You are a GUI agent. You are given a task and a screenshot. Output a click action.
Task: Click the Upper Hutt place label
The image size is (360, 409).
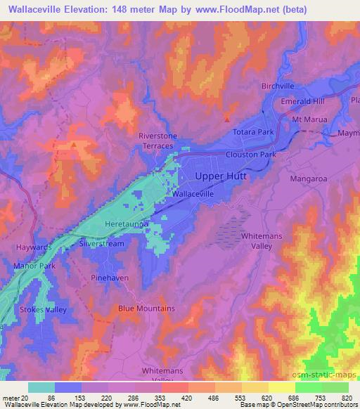click(221, 176)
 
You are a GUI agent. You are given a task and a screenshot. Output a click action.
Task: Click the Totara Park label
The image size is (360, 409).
click(253, 131)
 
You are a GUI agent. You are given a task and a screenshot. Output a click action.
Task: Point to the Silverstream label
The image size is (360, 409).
click(102, 242)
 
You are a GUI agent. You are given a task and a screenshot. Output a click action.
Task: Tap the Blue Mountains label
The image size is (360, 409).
click(146, 309)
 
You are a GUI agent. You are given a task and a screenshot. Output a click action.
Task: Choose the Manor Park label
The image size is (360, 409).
click(33, 266)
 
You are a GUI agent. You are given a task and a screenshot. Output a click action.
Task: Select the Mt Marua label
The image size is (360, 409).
click(310, 119)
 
